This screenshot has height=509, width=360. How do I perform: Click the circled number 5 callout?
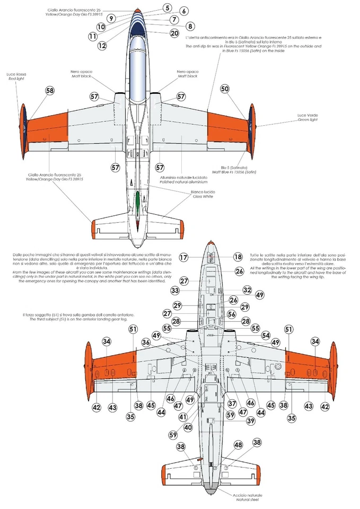[x=167, y=8]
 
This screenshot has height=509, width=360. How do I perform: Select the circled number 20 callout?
[x=174, y=33]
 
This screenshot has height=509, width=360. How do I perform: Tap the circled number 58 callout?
[x=50, y=91]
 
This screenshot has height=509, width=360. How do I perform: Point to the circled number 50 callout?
[x=225, y=90]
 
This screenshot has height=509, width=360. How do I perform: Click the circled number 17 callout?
[x=183, y=258]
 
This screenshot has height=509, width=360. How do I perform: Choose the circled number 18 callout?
[x=238, y=257]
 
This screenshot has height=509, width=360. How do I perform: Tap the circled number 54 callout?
[x=251, y=336]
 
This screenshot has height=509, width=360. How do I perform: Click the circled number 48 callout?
[x=238, y=445]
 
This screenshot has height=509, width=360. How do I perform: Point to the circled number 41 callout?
[x=183, y=417]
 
